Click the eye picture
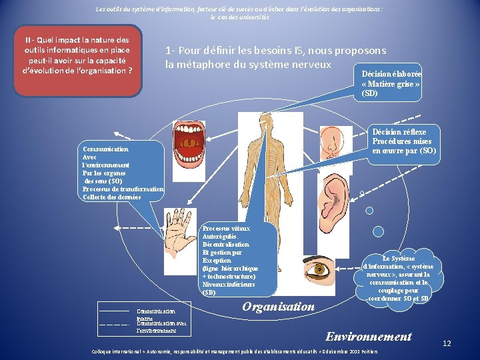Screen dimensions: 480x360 tap(322, 270)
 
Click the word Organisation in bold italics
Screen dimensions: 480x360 tap(278, 307)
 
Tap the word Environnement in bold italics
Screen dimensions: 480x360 tap(368, 337)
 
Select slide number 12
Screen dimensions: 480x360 tap(447, 343)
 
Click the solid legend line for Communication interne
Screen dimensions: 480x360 tap(113, 311)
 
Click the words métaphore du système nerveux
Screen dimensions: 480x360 tap(248, 65)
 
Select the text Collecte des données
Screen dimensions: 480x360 tap(111, 197)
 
